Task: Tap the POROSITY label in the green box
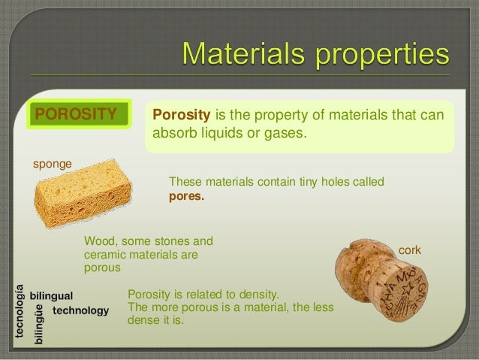coord(77,114)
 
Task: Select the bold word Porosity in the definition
coord(182,116)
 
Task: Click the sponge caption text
coord(50,163)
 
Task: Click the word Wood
coord(98,242)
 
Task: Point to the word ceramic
coord(105,255)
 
